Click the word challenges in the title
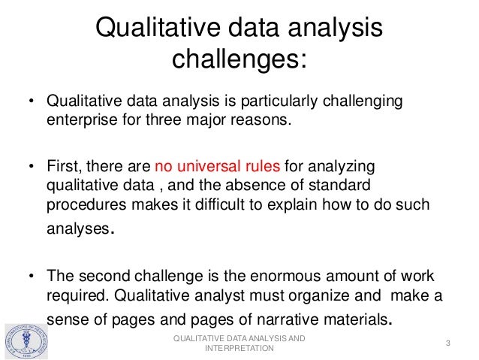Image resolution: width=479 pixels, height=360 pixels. (x=239, y=59)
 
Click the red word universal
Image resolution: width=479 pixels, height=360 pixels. (x=204, y=165)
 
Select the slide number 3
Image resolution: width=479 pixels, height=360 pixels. (x=447, y=344)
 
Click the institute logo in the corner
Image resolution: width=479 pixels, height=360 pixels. (x=26, y=342)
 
